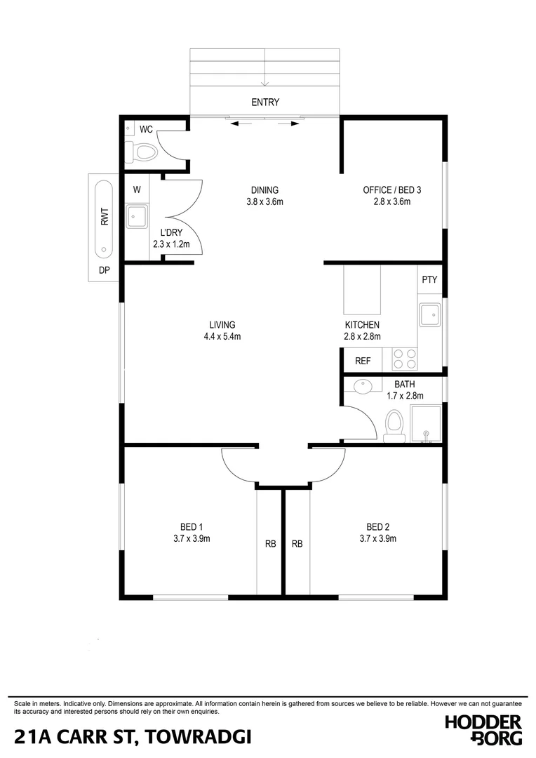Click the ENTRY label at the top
[x=265, y=102]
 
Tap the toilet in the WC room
[x=142, y=152]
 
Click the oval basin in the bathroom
[x=363, y=387]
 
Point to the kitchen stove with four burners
[x=404, y=359]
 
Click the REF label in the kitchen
[x=363, y=361]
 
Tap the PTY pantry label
[x=429, y=279]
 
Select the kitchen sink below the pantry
[x=429, y=314]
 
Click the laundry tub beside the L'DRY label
[x=135, y=216]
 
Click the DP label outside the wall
[x=105, y=271]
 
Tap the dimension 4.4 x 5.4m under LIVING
[x=222, y=337]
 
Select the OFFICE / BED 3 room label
[x=391, y=189]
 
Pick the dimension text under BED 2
[x=377, y=539]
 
